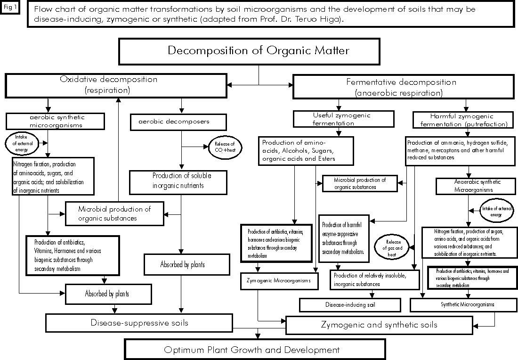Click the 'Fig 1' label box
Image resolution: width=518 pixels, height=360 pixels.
click(10, 8)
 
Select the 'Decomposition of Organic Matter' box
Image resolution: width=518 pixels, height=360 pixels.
click(259, 51)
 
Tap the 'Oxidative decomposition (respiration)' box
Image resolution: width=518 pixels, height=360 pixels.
click(115, 84)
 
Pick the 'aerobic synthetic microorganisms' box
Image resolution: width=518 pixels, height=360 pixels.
click(56, 121)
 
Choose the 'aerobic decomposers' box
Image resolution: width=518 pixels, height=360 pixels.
click(173, 122)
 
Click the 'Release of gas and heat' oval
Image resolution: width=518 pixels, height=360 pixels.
click(391, 246)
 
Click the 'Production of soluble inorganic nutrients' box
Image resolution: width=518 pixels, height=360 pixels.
click(181, 180)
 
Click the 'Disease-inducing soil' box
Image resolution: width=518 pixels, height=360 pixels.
click(350, 305)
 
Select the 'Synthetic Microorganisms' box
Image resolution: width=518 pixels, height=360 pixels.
click(467, 305)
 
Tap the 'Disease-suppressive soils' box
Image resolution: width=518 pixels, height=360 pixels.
click(139, 323)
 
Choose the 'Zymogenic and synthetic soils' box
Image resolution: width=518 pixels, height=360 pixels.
click(379, 325)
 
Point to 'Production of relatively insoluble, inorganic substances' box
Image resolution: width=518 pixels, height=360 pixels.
click(374, 279)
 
